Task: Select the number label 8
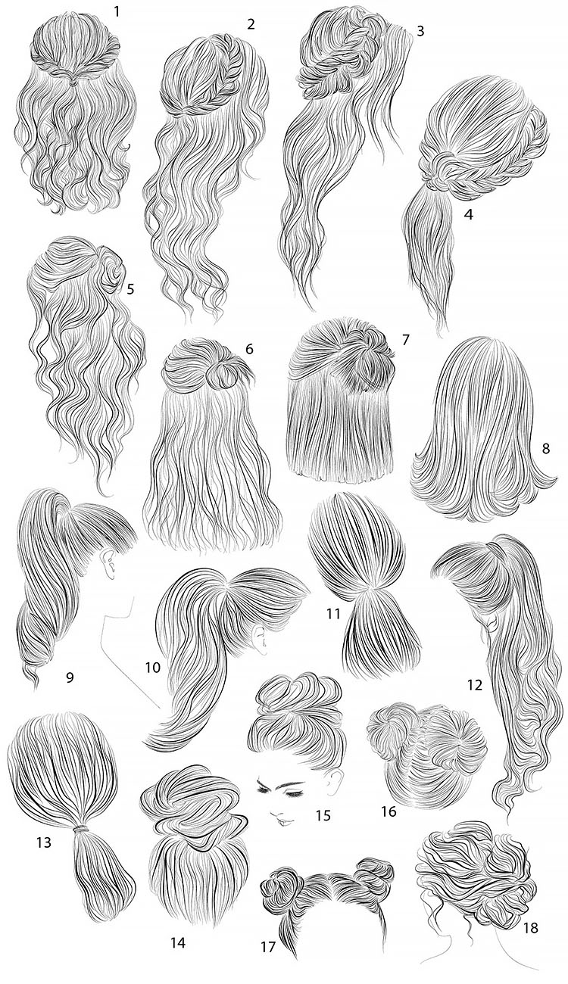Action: (547, 448)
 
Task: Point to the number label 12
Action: (475, 686)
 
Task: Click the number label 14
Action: (178, 943)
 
